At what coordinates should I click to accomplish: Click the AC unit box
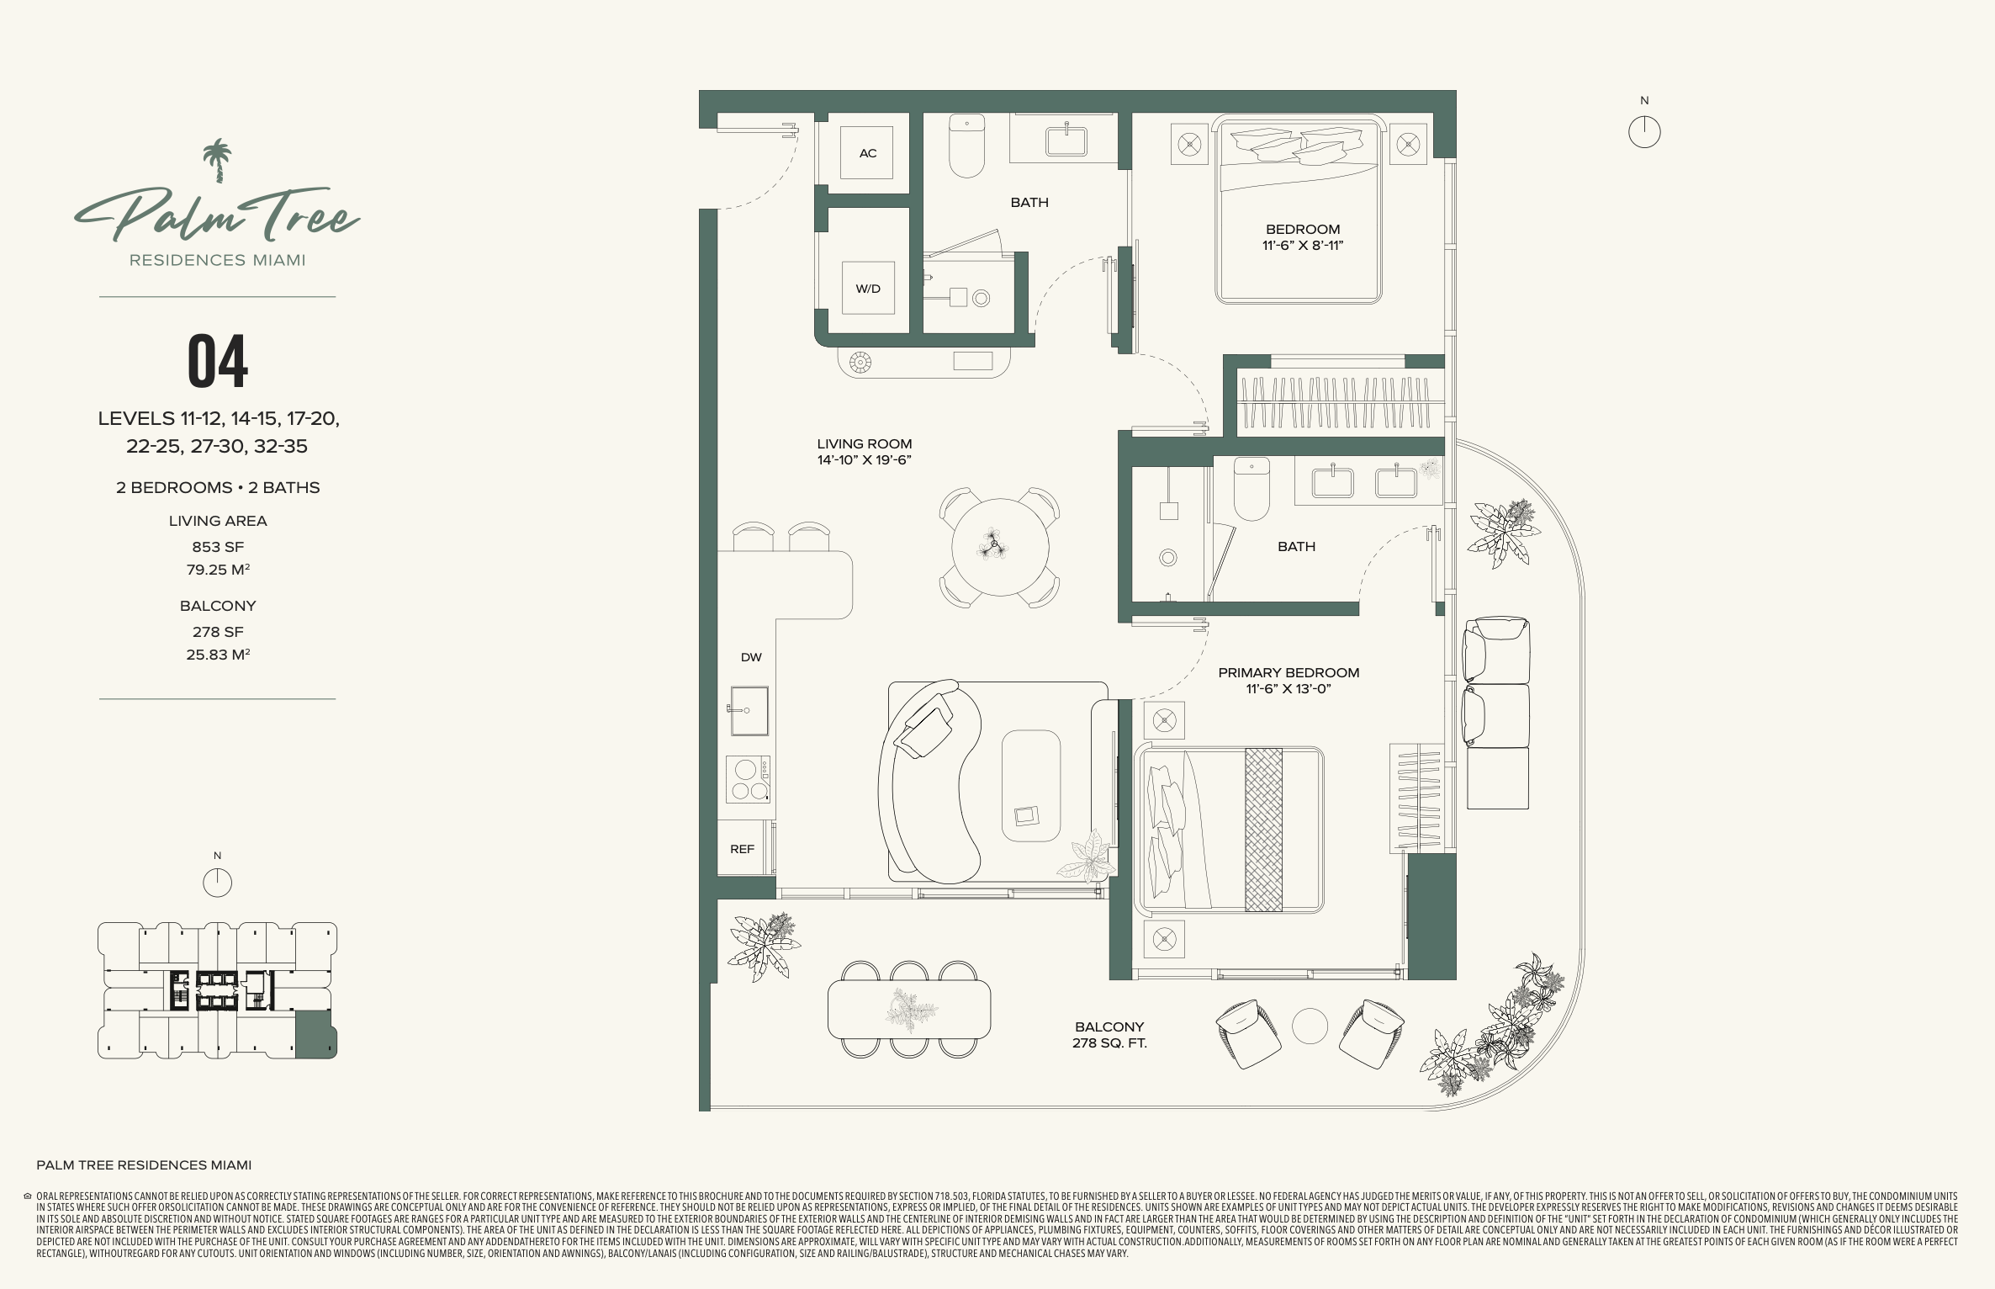coord(867,152)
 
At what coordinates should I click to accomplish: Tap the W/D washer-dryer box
coord(868,288)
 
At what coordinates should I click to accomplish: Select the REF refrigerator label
coord(742,849)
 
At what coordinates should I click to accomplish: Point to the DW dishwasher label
coord(751,657)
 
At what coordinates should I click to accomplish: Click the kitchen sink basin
coord(749,711)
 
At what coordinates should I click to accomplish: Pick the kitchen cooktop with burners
coord(748,779)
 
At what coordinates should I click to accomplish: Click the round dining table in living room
coord(1000,547)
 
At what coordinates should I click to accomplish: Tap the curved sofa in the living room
coord(929,782)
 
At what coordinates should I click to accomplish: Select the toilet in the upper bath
coord(966,146)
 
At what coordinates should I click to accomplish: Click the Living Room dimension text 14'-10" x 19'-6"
coord(865,459)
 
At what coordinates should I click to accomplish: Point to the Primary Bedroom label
coord(1289,672)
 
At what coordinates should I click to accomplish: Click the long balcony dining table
coord(909,1010)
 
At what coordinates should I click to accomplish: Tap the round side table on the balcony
coord(1310,1026)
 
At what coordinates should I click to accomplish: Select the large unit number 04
coord(218,361)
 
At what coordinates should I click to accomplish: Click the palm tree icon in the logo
coord(218,160)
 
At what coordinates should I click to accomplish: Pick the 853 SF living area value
coord(218,547)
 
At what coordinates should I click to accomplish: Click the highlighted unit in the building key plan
coord(315,1034)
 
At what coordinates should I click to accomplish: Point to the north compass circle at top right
coord(1644,132)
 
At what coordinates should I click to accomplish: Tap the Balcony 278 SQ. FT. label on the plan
coord(1109,1035)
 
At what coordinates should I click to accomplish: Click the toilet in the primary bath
coord(1251,489)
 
